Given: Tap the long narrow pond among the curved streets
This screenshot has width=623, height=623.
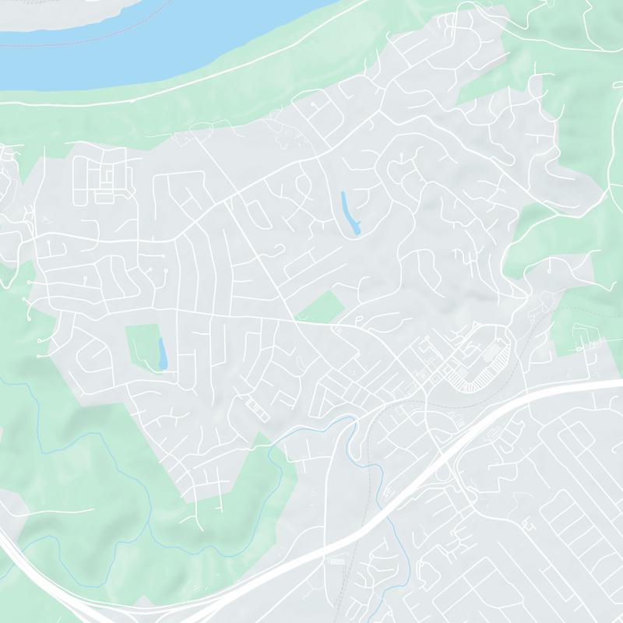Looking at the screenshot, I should (x=349, y=212).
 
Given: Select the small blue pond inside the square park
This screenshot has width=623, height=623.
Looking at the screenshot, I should (x=162, y=354).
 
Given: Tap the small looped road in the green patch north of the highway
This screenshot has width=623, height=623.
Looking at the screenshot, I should (x=580, y=335).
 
